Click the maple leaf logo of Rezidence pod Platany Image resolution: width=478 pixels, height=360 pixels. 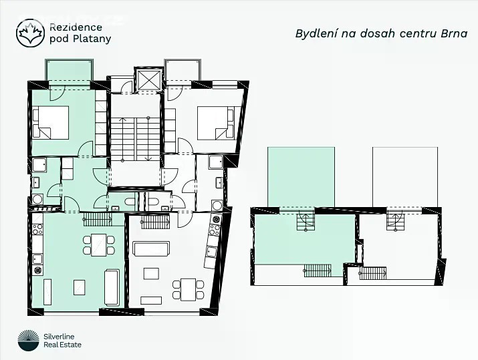coord(30,33)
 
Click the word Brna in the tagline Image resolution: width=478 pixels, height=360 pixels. coord(454,33)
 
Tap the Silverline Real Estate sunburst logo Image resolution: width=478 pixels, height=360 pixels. coord(28,341)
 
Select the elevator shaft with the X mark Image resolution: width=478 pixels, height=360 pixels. coord(149,80)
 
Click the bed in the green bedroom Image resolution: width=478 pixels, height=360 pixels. coord(51,122)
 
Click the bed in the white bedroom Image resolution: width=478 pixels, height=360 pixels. coord(215,122)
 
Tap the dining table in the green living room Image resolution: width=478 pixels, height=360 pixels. coord(98,245)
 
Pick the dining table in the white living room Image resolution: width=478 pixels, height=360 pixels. coord(188,289)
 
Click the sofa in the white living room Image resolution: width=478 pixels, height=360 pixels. coord(151,248)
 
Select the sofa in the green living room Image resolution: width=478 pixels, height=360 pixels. coord(112,287)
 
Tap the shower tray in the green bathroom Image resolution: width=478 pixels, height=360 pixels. coord(39,165)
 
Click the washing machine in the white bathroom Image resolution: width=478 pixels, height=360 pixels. coord(217,205)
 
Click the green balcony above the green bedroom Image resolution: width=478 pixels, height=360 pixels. coord(70,70)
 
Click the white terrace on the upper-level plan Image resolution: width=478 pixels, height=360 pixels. coord(405,177)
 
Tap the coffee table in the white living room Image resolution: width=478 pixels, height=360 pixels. coord(151,273)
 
